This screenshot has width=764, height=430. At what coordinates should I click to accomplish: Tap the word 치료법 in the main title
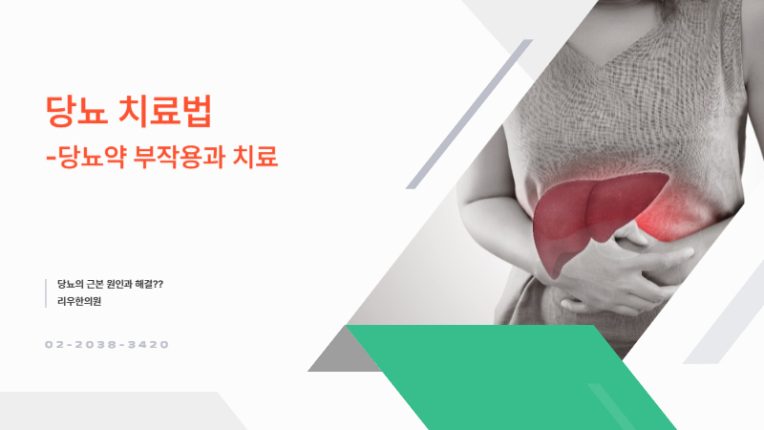click(169, 113)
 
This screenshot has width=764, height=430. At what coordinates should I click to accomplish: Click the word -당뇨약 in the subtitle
click(88, 157)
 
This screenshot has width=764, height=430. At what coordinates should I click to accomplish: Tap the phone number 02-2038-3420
click(106, 344)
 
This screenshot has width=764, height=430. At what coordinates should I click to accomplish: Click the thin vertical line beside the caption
click(46, 293)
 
